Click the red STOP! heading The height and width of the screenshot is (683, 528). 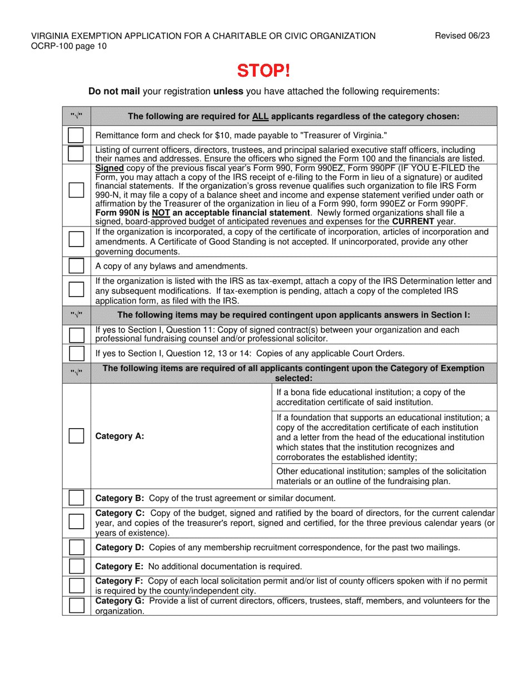pos(263,71)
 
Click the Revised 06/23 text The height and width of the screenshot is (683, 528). pos(462,36)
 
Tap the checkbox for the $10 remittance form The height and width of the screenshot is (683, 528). pos(76,135)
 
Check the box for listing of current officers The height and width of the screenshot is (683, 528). pos(76,153)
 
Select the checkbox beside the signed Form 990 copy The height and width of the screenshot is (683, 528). pos(76,190)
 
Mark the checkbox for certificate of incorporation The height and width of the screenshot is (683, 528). pos(76,239)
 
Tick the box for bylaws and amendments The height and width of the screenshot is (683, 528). pos(76,266)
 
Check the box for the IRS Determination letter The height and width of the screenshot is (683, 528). pos(76,289)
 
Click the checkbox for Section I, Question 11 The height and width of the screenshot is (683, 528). pos(76,335)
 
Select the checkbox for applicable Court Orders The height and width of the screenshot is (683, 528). pos(76,353)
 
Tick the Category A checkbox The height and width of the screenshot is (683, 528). pos(76,436)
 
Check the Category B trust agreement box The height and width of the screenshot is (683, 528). pos(76,498)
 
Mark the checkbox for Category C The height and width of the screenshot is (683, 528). pos(76,522)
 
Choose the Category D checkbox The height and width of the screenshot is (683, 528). pos(76,548)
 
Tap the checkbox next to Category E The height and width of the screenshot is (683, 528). pos(76,566)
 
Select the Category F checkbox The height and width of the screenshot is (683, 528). pos(76,585)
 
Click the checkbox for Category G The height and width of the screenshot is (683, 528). pos(76,605)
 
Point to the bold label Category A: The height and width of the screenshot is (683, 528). pos(119,436)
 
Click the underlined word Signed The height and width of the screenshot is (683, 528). pos(109,168)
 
